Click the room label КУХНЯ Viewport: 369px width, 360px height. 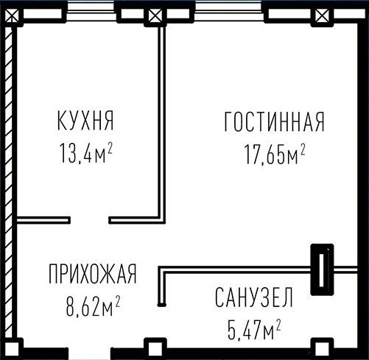[x=85, y=121]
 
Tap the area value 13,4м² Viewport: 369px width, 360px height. [x=86, y=153]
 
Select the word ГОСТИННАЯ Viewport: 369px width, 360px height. [x=275, y=122]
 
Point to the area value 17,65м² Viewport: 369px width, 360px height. [x=275, y=154]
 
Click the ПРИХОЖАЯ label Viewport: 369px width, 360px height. [x=92, y=274]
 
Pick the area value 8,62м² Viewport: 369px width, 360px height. [x=94, y=306]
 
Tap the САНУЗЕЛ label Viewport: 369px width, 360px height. [x=254, y=297]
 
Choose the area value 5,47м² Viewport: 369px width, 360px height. [x=254, y=329]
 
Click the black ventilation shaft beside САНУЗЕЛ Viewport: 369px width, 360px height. [x=322, y=269]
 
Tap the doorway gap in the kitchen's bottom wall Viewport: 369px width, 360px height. [x=90, y=220]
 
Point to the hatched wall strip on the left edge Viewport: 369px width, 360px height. [x=9, y=182]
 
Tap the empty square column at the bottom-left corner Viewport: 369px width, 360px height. [x=12, y=349]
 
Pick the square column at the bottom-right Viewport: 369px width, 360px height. [x=322, y=348]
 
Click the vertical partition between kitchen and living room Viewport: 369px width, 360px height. [x=161, y=123]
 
